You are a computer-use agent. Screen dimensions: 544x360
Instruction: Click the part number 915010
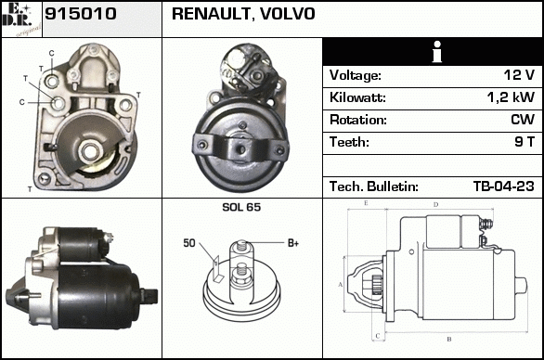pyautogui.click(x=81, y=14)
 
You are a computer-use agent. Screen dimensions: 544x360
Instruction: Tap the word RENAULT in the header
pyautogui.click(x=212, y=14)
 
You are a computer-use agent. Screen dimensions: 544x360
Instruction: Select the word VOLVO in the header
pyautogui.click(x=288, y=14)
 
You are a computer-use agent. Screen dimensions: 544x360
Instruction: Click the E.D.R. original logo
pyautogui.click(x=21, y=19)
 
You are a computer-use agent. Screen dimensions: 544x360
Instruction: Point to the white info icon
pyautogui.click(x=437, y=52)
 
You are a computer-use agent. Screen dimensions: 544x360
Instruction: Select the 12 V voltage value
pyautogui.click(x=519, y=74)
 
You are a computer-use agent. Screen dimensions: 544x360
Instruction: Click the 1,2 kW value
pyautogui.click(x=511, y=97)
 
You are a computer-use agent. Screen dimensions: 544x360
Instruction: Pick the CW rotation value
pyautogui.click(x=523, y=120)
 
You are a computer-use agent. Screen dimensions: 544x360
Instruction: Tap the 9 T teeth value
pyautogui.click(x=525, y=142)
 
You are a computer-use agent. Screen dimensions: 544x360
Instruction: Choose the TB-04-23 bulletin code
pyautogui.click(x=504, y=186)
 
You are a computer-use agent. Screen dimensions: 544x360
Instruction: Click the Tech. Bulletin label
pyautogui.click(x=374, y=186)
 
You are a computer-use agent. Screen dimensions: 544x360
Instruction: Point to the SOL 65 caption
pyautogui.click(x=241, y=207)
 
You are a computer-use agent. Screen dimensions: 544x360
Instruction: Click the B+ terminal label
pyautogui.click(x=293, y=243)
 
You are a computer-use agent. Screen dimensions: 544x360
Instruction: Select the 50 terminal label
pyautogui.click(x=189, y=243)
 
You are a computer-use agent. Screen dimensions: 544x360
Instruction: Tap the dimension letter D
pyautogui.click(x=436, y=205)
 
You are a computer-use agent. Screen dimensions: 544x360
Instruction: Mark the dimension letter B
pyautogui.click(x=449, y=339)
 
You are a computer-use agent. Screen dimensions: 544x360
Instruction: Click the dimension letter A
pyautogui.click(x=341, y=285)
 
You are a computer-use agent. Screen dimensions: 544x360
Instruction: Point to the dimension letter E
pyautogui.click(x=366, y=203)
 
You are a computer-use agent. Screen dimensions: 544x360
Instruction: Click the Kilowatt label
pyautogui.click(x=357, y=97)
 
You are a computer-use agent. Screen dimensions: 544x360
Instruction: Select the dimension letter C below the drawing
pyautogui.click(x=378, y=336)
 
